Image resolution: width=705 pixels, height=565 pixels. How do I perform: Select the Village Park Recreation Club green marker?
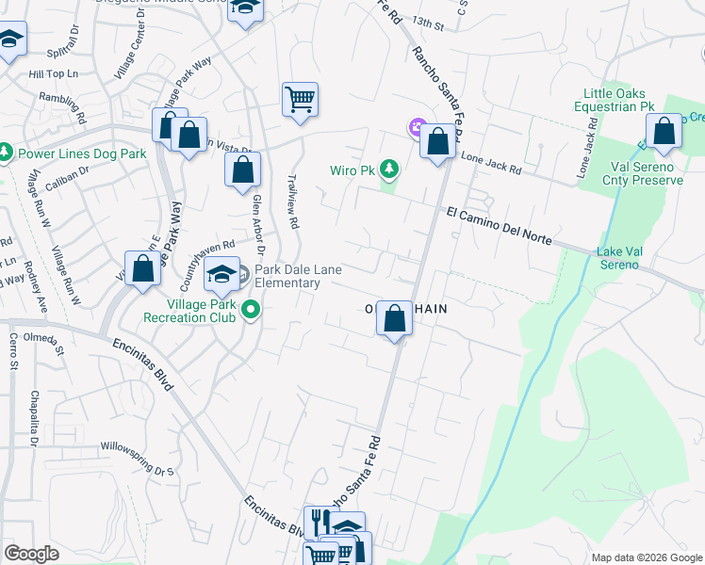(251, 309)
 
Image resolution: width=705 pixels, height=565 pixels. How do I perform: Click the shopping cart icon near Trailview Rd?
(300, 99)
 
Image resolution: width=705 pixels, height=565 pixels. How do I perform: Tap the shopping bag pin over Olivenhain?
(395, 318)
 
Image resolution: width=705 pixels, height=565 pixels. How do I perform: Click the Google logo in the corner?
(31, 554)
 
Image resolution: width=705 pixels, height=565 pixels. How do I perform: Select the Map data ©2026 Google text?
(646, 557)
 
